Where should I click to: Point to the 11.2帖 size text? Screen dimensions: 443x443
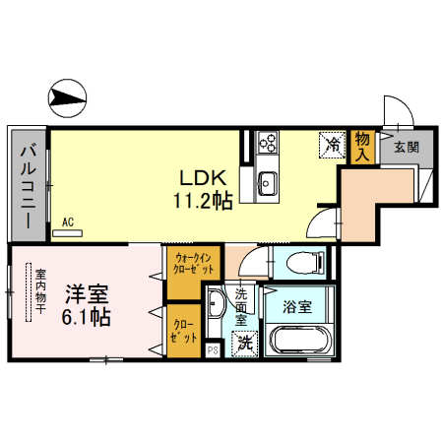(205, 201)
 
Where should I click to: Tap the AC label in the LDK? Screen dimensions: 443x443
(68, 221)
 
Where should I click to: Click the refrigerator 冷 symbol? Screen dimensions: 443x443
(332, 145)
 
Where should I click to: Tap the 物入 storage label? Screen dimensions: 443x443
(362, 145)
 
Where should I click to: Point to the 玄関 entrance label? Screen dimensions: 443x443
(406, 147)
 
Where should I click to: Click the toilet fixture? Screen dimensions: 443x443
(301, 263)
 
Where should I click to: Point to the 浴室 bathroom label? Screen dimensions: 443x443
(297, 306)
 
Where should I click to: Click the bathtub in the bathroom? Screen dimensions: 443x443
(299, 344)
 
